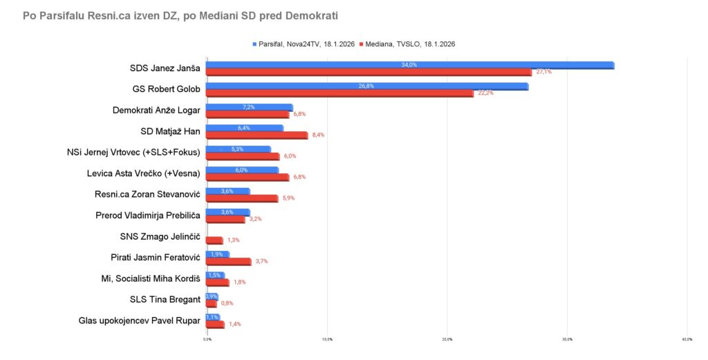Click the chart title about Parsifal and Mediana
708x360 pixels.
(180, 15)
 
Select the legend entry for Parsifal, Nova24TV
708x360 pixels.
(304, 44)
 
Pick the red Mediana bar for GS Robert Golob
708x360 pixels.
(339, 93)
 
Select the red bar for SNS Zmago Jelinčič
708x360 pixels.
(214, 240)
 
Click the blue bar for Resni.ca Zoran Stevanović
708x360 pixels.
(227, 191)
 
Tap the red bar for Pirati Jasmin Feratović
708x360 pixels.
(229, 261)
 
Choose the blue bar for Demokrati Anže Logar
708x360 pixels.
(249, 107)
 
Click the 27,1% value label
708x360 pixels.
(543, 72)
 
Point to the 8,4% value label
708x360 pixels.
(318, 135)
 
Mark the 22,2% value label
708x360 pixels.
(485, 93)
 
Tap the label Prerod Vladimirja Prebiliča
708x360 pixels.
(147, 216)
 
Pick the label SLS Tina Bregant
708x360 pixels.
(165, 299)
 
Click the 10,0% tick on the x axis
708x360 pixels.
(327, 339)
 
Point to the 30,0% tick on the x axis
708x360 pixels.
(567, 339)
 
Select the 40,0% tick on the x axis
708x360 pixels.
(687, 339)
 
